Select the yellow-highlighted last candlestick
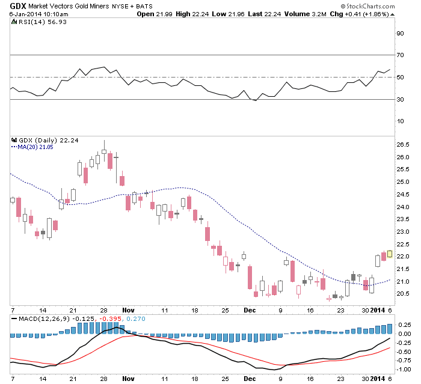pos(389,254)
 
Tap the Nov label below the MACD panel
pos(128,379)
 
